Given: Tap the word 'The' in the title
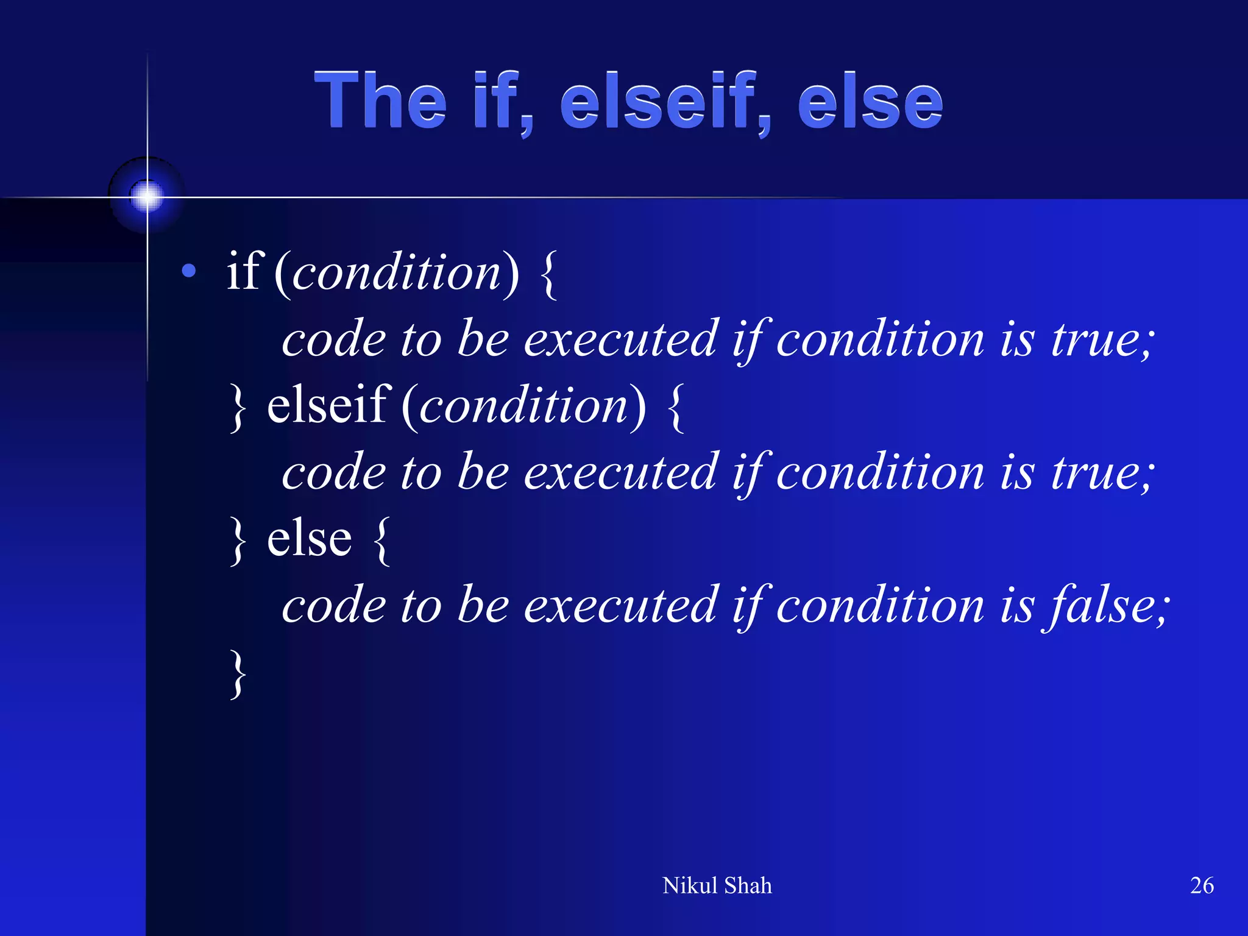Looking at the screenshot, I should click(380, 101).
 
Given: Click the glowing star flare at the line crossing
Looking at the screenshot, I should click(147, 196).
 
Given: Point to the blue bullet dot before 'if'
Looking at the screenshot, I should click(189, 271).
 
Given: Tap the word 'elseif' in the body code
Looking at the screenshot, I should click(328, 405).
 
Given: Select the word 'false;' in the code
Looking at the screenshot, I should click(1106, 605).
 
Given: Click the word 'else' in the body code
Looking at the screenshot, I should click(310, 539).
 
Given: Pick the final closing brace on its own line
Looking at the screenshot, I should click(238, 674).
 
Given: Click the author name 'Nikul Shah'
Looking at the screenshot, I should click(717, 885).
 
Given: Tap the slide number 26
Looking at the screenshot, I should click(1202, 885).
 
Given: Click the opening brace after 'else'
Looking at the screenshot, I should click(381, 541).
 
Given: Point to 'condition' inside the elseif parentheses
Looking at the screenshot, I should click(523, 406).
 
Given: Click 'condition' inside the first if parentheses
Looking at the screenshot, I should click(397, 272).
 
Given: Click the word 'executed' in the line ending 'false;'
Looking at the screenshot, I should click(621, 605).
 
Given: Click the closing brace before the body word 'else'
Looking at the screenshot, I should click(238, 541).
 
